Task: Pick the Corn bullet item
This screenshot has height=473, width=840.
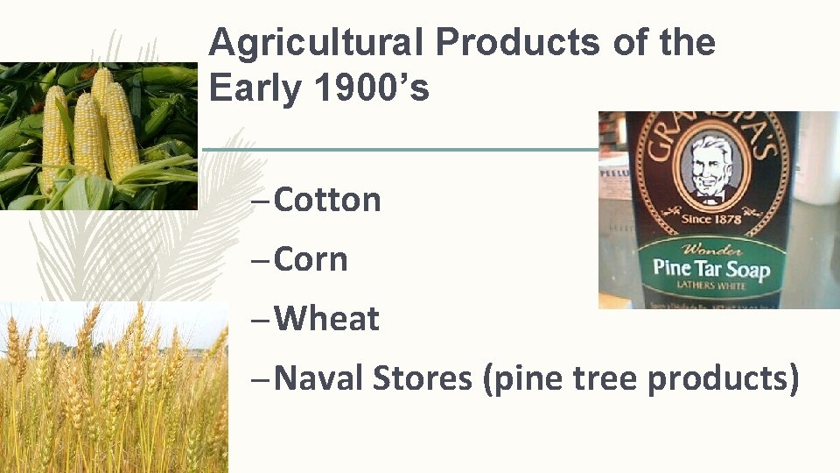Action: coord(311,260)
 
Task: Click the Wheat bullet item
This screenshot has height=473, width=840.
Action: coord(326,320)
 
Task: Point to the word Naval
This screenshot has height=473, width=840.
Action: coord(318,379)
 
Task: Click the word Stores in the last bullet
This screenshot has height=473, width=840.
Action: coord(422,379)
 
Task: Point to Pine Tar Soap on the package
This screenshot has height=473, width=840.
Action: coord(711,267)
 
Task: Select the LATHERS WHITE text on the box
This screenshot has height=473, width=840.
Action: coord(708,286)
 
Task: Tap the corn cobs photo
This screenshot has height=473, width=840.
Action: coord(96,136)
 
